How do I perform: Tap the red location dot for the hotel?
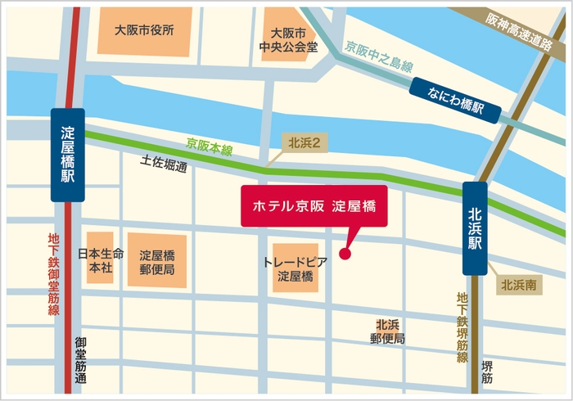345,254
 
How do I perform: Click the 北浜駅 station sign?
475,228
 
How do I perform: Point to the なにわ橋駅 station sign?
456,101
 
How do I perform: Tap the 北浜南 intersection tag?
519,286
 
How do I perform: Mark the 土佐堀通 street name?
164,164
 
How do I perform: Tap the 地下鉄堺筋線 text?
462,327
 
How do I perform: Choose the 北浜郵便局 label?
387,331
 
